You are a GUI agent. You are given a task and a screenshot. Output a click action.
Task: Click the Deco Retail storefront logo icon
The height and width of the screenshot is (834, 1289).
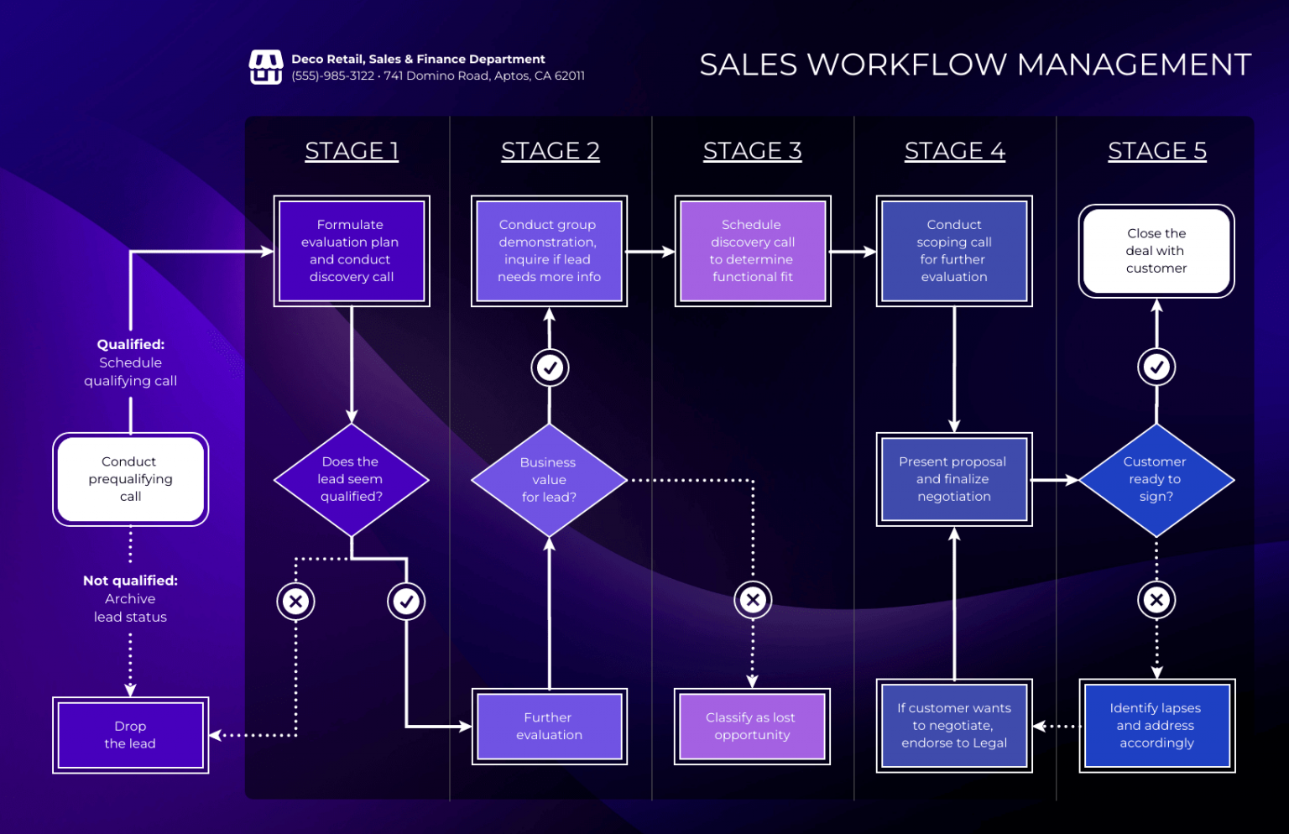(x=265, y=67)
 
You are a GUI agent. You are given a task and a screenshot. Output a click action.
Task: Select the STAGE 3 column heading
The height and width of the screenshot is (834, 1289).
(x=752, y=151)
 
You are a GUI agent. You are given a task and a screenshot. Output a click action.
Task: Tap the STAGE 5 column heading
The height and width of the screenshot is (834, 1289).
(x=1156, y=151)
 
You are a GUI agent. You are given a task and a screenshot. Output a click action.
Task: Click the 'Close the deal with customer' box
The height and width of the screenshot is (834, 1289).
(x=1156, y=251)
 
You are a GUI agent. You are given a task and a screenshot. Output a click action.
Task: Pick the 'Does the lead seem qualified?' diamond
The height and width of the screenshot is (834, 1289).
(x=351, y=480)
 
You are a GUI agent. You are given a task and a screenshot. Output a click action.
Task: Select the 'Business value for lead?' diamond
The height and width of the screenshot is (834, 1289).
(x=549, y=480)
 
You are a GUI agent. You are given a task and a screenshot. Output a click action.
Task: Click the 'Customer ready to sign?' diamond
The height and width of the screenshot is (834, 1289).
(x=1156, y=480)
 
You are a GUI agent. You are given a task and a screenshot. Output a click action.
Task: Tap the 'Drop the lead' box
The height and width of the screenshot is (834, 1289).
(x=130, y=735)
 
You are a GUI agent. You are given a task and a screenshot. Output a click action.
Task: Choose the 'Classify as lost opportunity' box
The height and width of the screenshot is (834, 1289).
(x=752, y=727)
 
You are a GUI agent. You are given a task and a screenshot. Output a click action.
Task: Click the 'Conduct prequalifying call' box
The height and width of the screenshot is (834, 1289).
(x=130, y=479)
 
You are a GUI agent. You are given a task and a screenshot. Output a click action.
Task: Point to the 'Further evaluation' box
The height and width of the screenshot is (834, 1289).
(x=549, y=727)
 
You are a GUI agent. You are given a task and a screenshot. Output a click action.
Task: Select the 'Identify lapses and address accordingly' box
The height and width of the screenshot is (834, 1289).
(x=1156, y=726)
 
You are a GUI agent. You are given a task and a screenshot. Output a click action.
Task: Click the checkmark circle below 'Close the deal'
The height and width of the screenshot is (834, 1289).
(x=1156, y=367)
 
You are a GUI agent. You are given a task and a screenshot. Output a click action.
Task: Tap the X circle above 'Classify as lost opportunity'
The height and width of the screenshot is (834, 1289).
(x=753, y=600)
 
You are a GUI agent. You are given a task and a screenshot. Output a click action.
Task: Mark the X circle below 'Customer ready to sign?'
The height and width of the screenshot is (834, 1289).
(x=1156, y=600)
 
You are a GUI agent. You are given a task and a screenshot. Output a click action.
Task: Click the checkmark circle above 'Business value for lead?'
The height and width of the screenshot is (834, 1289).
(x=550, y=367)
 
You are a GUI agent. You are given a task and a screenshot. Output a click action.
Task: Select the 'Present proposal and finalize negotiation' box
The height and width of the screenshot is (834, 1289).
(x=953, y=479)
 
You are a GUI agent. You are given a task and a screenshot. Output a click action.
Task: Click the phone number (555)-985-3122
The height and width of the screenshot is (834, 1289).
(x=333, y=76)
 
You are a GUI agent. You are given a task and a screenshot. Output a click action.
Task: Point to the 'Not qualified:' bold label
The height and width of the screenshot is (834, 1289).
(x=130, y=581)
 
